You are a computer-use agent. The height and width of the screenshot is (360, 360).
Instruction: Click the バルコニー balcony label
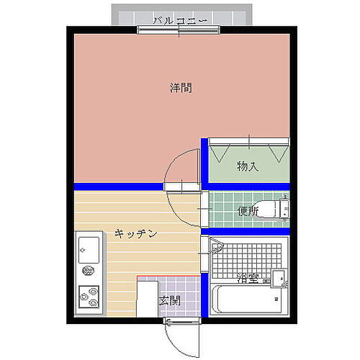coord(181,21)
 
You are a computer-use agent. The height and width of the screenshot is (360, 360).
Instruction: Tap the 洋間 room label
coord(181,89)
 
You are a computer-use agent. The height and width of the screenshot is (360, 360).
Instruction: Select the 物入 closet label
coord(248,167)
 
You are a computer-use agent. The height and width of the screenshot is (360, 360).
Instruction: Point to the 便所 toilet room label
coord(248,211)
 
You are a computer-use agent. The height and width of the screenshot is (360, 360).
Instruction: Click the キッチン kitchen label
coord(135,234)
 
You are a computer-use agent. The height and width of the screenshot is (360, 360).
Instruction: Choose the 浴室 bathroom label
coord(247,277)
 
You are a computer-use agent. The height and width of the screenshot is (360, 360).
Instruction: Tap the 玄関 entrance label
coord(169,300)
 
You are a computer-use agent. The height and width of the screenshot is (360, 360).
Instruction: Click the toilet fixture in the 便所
coord(272,210)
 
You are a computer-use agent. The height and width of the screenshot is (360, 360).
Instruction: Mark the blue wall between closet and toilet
coord(248,186)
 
